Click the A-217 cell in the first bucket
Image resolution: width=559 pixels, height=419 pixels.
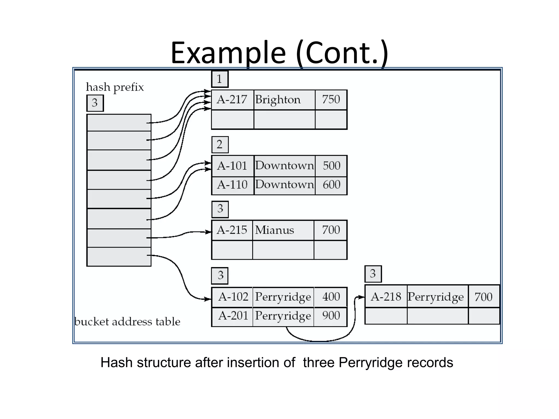[x=232, y=100]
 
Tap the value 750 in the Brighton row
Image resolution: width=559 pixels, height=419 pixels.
[x=331, y=100]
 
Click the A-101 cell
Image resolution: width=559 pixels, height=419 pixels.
[x=232, y=166]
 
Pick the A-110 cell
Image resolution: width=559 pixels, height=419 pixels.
[x=232, y=185]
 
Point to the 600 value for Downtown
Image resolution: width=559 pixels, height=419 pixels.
[x=331, y=185]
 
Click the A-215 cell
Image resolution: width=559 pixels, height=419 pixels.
[x=232, y=230]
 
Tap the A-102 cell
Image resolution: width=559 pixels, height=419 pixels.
[x=233, y=297]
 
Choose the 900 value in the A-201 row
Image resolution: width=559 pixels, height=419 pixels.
[x=331, y=316]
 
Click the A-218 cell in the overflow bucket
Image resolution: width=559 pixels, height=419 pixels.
[x=386, y=297]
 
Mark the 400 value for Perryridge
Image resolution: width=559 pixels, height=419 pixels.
[x=331, y=297]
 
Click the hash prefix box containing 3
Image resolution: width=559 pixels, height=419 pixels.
[x=95, y=103]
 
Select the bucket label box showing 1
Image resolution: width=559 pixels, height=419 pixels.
[x=220, y=79]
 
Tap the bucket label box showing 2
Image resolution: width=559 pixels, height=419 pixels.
[x=220, y=145]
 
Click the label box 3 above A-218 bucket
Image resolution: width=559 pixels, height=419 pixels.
[x=373, y=274]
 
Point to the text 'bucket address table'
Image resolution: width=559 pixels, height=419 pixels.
[x=127, y=322]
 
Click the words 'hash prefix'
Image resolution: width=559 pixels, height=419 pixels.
[x=115, y=87]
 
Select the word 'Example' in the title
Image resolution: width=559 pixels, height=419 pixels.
[x=228, y=53]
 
